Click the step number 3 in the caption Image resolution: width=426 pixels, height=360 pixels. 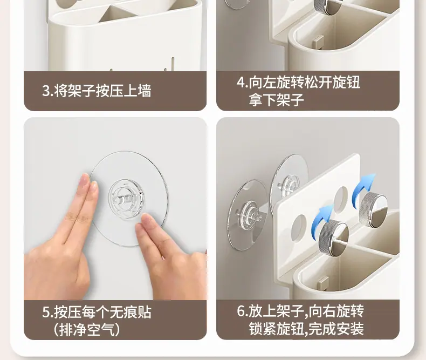tap(46, 91)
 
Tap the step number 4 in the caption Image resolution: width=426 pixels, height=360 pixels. tap(241, 82)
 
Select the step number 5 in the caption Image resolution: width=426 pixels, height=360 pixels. tap(46, 313)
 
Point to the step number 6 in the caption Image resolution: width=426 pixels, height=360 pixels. tap(241, 311)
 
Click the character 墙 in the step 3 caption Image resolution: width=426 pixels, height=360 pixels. tap(145, 91)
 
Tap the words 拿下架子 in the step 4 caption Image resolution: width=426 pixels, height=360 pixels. tap(276, 99)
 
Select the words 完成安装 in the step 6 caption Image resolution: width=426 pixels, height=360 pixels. tap(336, 329)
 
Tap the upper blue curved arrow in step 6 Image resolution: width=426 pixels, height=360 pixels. tap(363, 185)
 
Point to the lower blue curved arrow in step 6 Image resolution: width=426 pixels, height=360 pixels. tap(322, 217)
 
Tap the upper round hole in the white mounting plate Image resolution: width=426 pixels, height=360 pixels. tap(341, 199)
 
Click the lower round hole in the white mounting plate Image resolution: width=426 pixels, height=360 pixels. tap(299, 228)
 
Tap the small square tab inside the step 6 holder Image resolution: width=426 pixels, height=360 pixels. tap(323, 283)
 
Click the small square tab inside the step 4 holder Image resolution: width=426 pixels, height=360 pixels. tap(318, 42)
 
